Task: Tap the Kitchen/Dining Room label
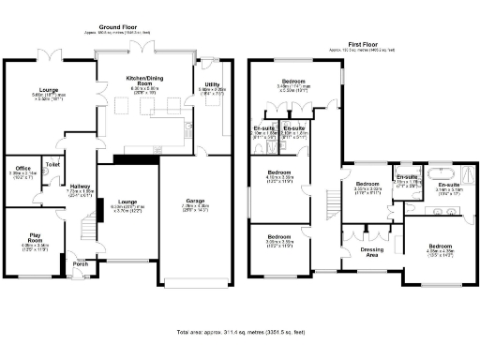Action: pyautogui.click(x=143, y=82)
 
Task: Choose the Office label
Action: pyautogui.click(x=19, y=169)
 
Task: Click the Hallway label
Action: pyautogui.click(x=79, y=187)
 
